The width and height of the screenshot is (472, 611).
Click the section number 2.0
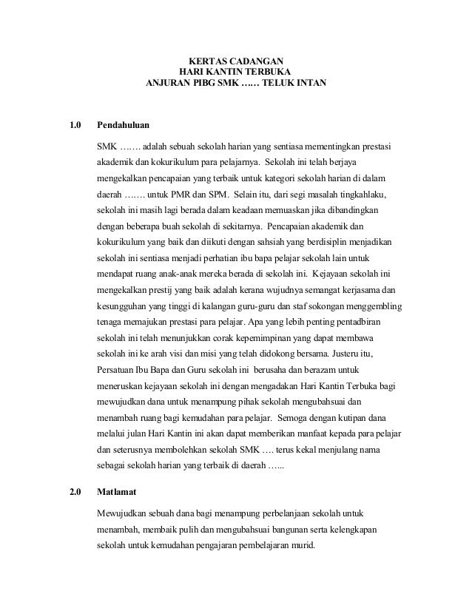tap(75, 490)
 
